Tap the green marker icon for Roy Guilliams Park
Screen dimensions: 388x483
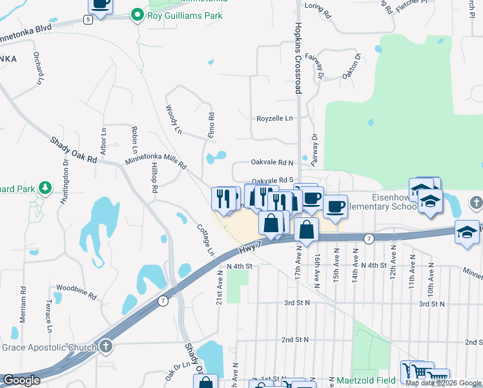(137, 14)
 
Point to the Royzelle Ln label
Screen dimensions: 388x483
(274, 118)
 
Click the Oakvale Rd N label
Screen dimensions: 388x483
(272, 162)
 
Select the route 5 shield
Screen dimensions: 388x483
(88, 19)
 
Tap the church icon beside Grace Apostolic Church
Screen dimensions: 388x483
(104, 347)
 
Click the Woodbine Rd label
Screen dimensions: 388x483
(76, 290)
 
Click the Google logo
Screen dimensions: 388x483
(21, 380)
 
